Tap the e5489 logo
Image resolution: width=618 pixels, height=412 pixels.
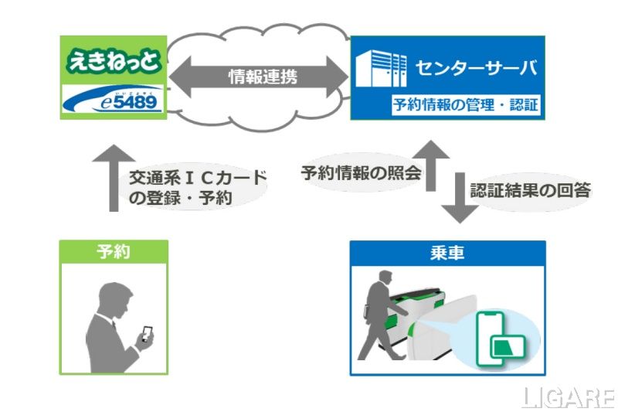pos(113,101)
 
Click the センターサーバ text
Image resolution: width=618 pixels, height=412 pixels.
pos(474,68)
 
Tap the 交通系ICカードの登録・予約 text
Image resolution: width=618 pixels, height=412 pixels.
pos(197,188)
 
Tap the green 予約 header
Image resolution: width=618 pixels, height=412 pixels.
pos(114,251)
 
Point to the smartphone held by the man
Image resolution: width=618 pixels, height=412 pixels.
pos(148,333)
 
